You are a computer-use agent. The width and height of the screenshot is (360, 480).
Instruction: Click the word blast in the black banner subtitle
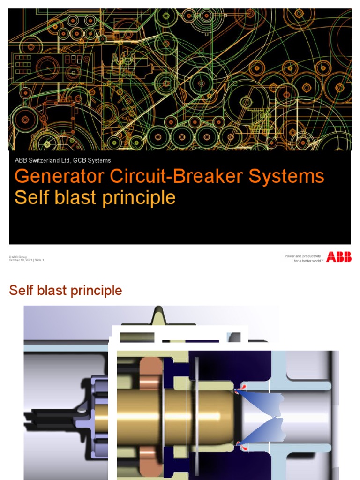69,197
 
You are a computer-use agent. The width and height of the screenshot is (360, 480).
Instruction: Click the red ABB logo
339,257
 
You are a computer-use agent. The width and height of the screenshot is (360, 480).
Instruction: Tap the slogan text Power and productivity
302,256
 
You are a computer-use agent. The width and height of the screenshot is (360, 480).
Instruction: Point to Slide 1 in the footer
39,260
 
